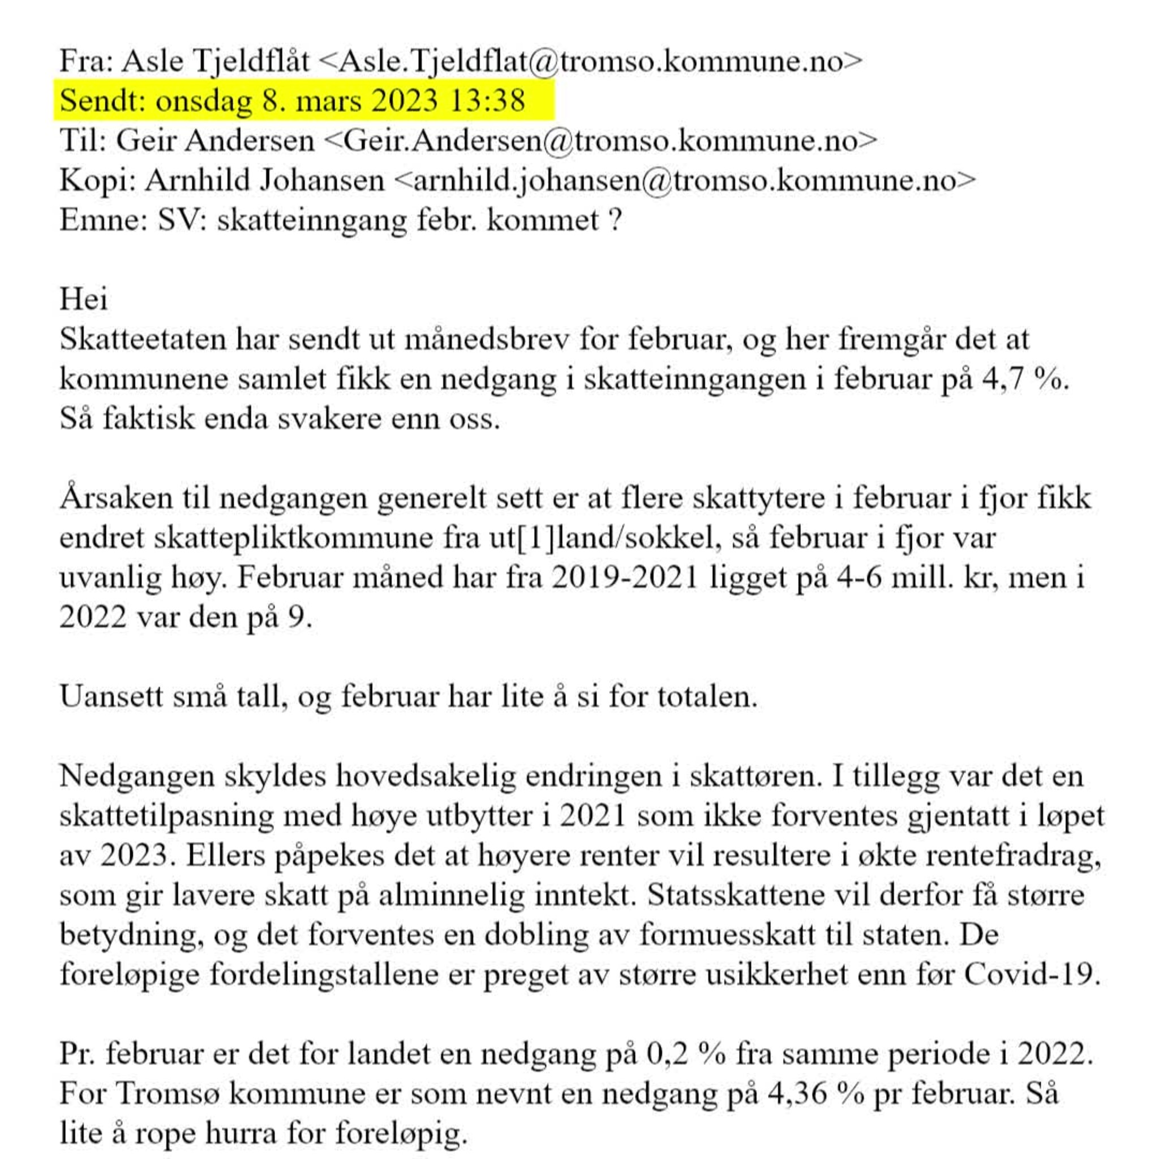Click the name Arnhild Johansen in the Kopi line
[264, 180]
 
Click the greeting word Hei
[83, 299]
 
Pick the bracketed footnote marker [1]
[536, 538]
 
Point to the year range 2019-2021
[625, 578]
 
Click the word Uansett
[110, 697]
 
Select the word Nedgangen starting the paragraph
[137, 776]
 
